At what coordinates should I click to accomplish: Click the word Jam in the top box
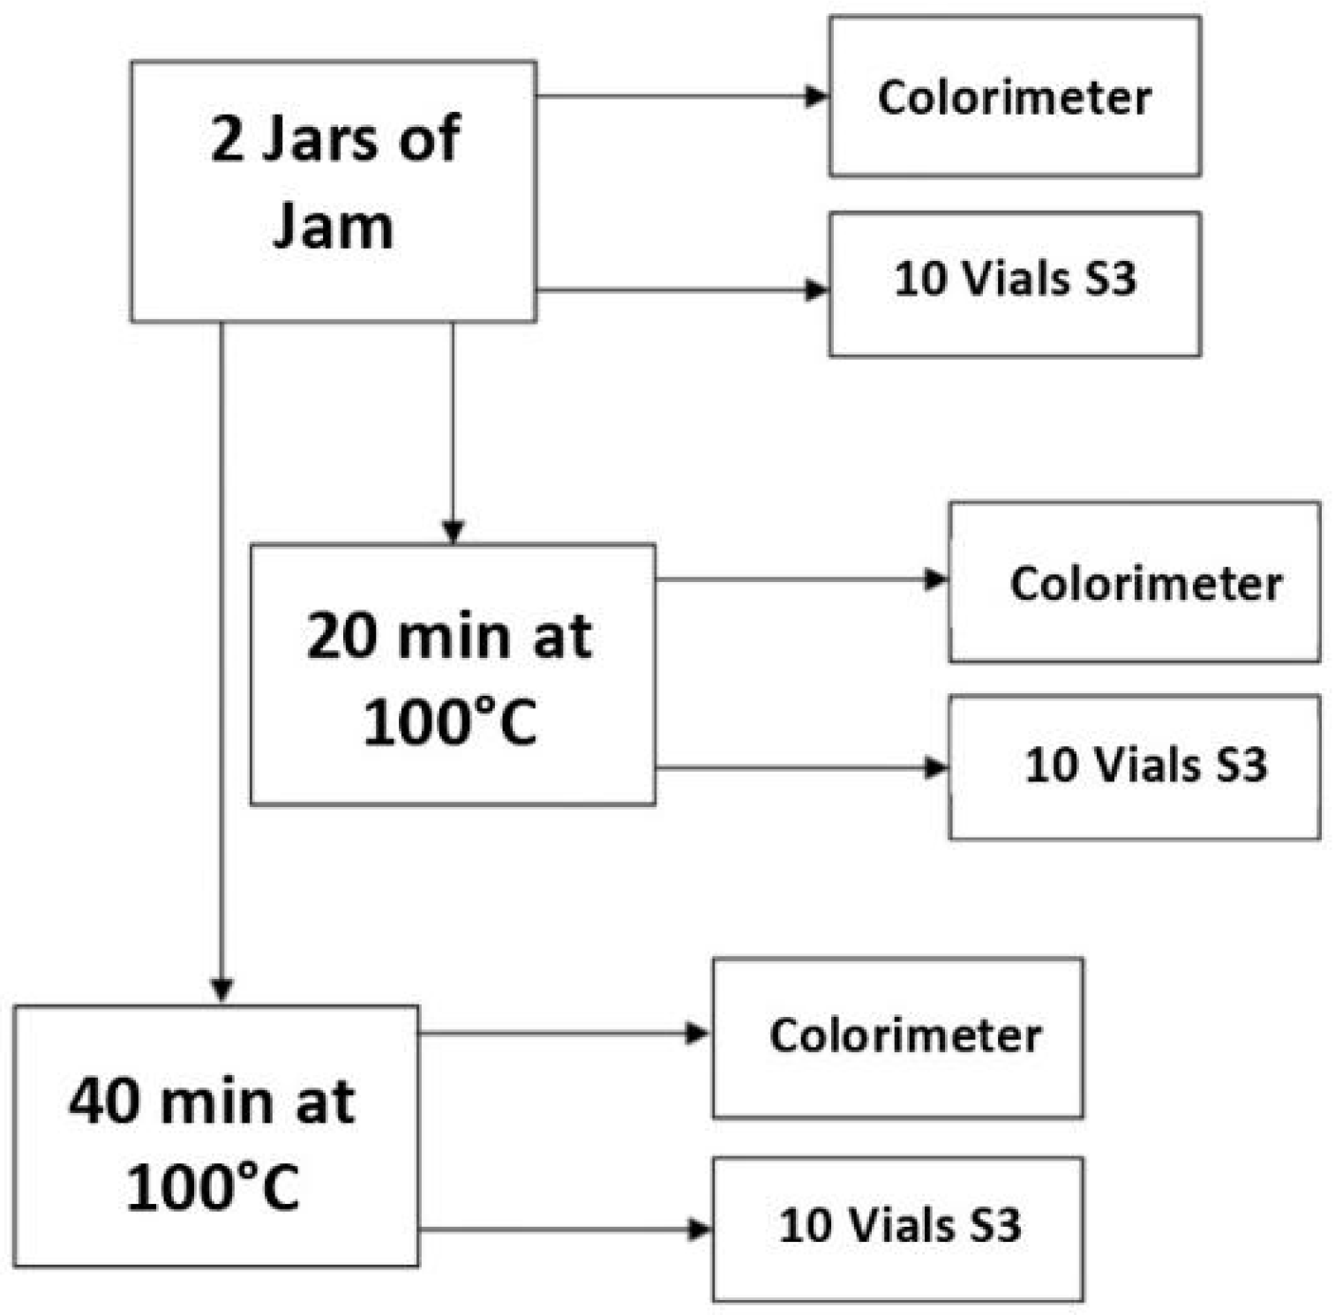[333, 227]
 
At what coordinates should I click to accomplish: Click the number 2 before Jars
[227, 139]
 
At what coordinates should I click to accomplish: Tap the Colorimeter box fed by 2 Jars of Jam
[1014, 97]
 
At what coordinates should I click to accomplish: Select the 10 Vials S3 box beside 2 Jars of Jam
[1014, 284]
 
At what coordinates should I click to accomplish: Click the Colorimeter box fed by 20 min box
[1134, 582]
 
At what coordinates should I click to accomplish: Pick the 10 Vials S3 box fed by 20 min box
[1134, 766]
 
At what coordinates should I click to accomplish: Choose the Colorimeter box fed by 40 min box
[897, 1037]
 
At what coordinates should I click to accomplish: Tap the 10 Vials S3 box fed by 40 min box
[897, 1228]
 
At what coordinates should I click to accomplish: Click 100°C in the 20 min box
[450, 723]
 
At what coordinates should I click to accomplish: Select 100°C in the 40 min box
[213, 1187]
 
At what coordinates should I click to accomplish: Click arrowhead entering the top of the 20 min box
[453, 532]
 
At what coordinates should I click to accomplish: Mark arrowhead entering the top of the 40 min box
[221, 990]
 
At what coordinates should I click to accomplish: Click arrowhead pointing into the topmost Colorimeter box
[817, 96]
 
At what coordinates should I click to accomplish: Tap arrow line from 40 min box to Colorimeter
[556, 1033]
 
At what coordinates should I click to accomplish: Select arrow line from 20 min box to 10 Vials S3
[794, 768]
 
